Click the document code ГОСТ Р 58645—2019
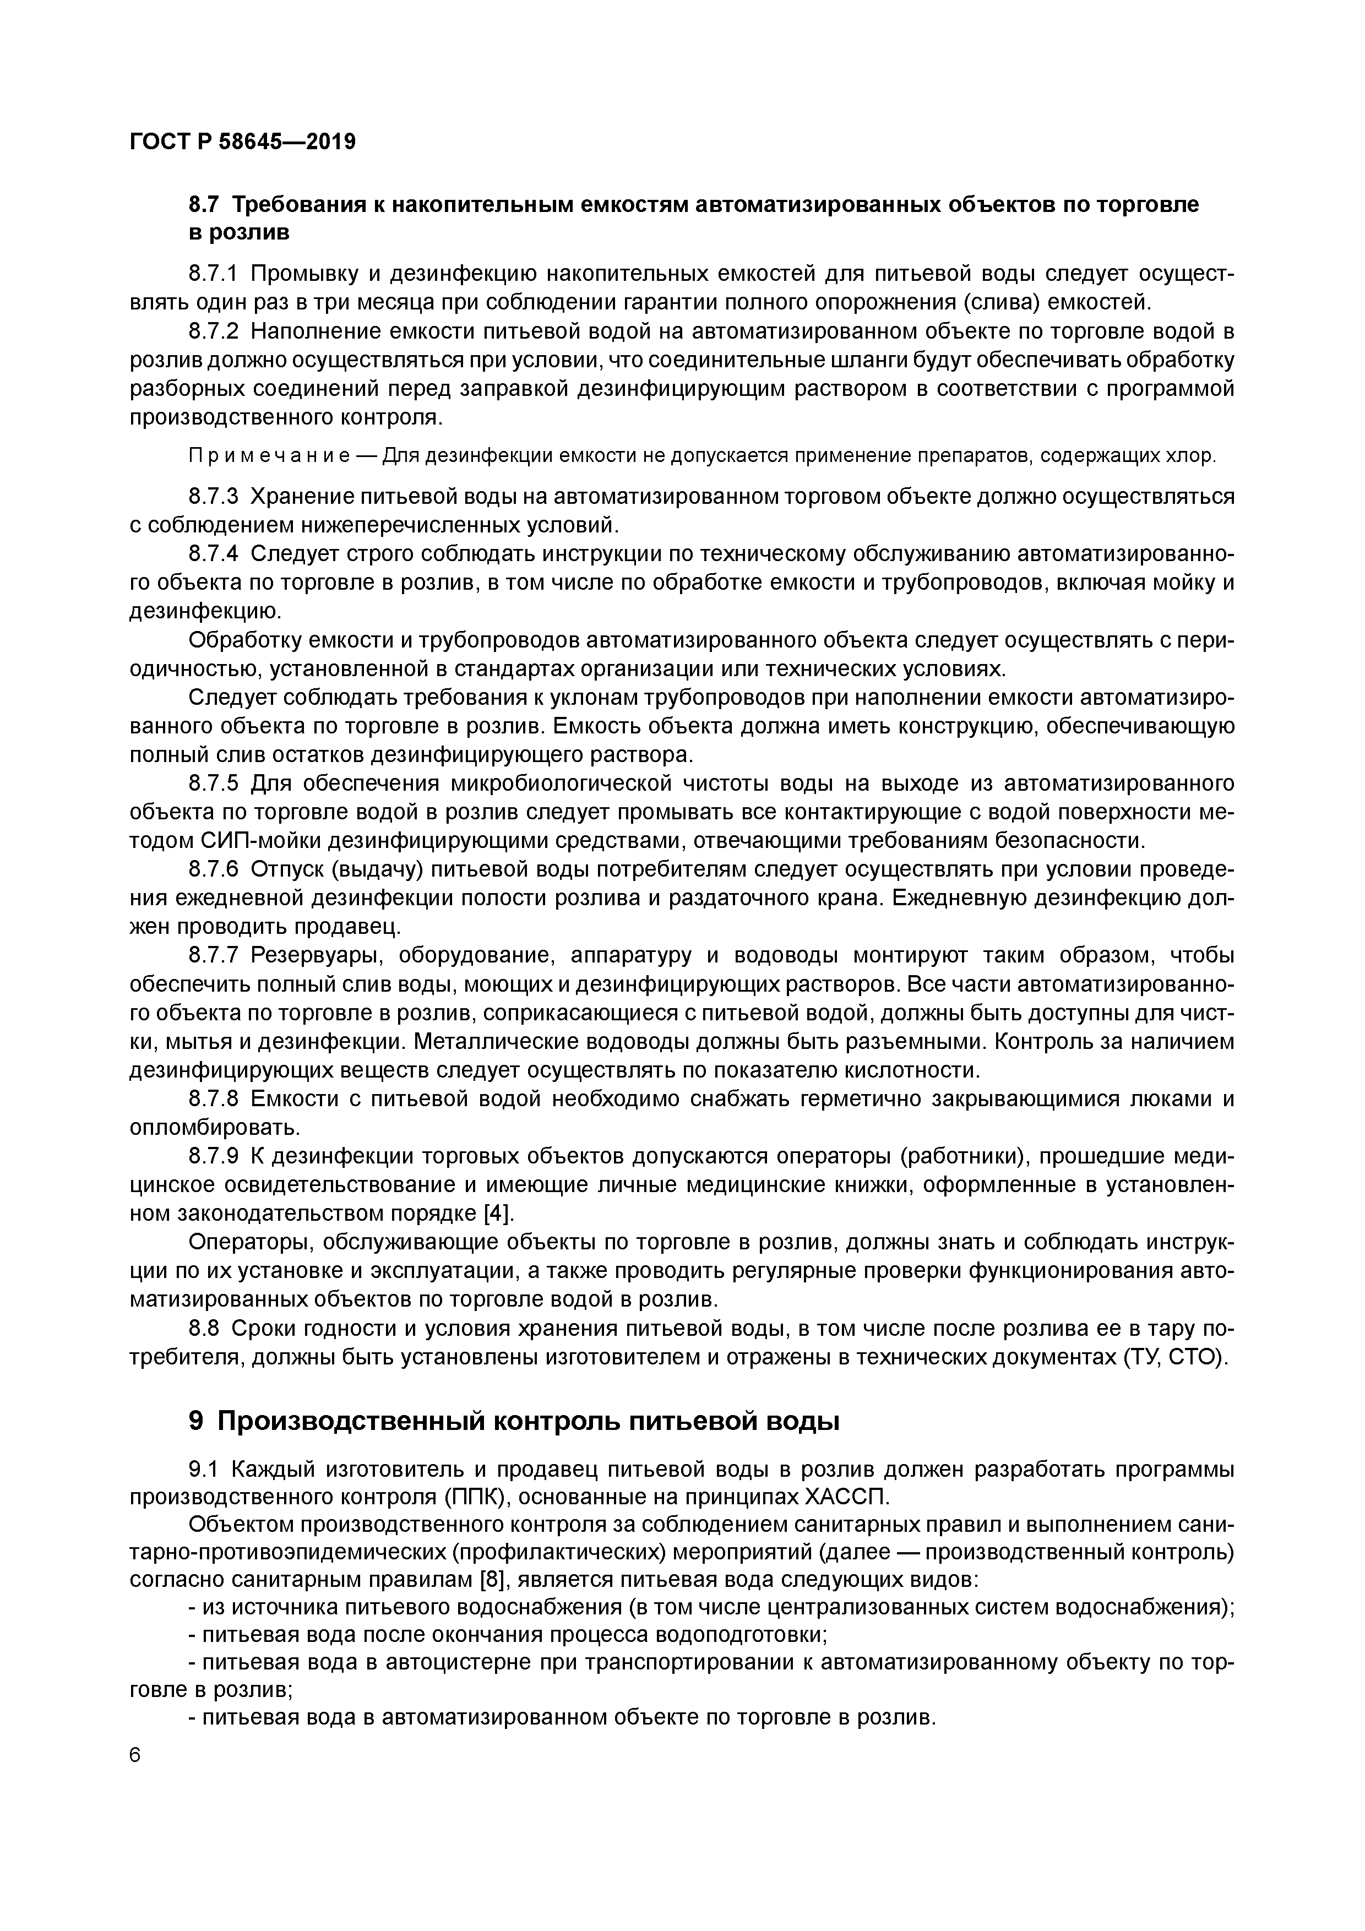[x=243, y=142]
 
